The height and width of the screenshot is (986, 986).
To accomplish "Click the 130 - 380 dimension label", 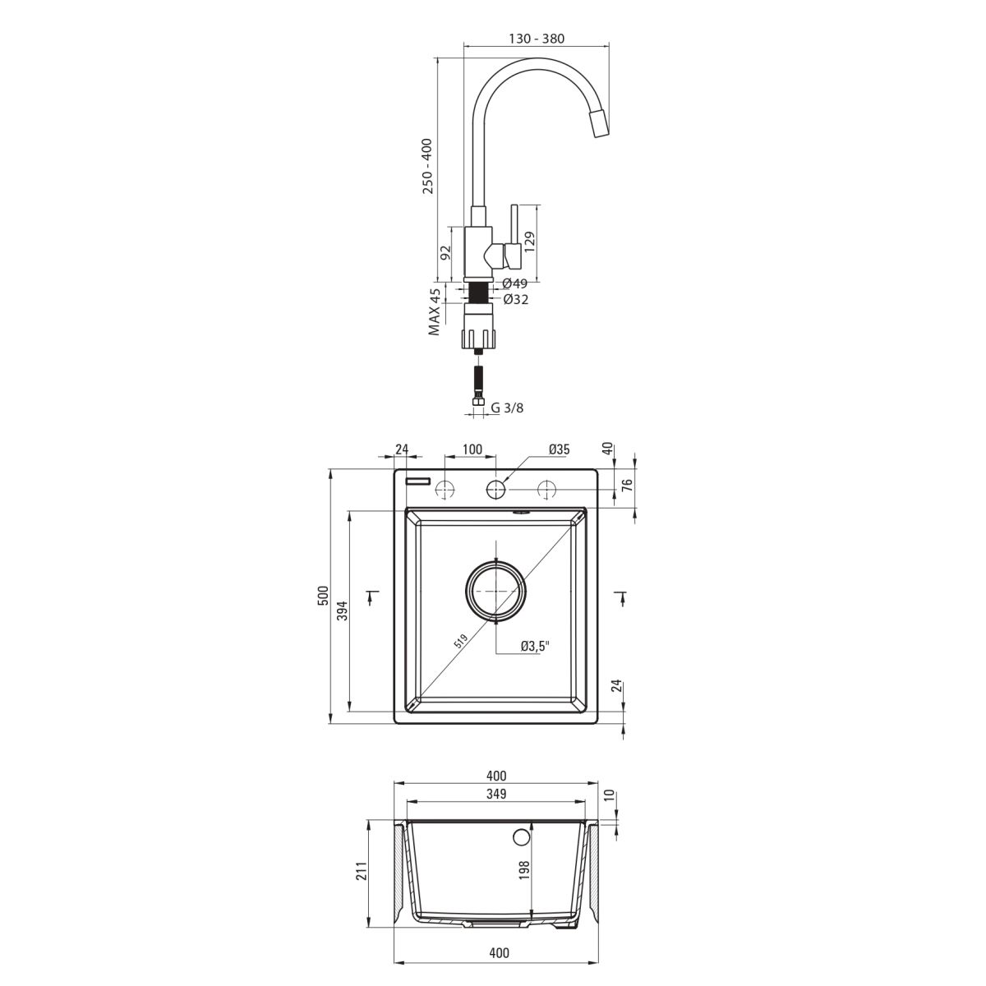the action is point(537,39).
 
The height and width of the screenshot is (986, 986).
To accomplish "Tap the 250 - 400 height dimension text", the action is point(428,166).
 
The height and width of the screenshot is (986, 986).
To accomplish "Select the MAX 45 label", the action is point(435,311).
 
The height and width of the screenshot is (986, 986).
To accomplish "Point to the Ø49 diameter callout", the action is point(514,283).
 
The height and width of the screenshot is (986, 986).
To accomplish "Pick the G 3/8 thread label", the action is point(507,408).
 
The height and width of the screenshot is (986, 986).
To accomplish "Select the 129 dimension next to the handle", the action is point(530,242).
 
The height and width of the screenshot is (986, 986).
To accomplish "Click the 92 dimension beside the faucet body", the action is point(445,252).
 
